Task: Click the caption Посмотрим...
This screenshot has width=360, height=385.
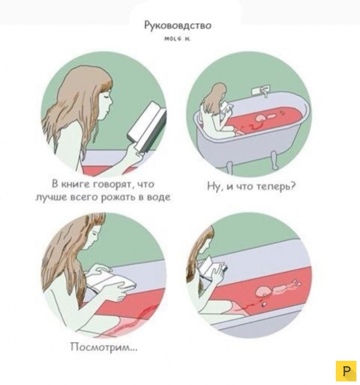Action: [104, 347]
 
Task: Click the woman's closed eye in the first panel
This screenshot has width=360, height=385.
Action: [107, 95]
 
